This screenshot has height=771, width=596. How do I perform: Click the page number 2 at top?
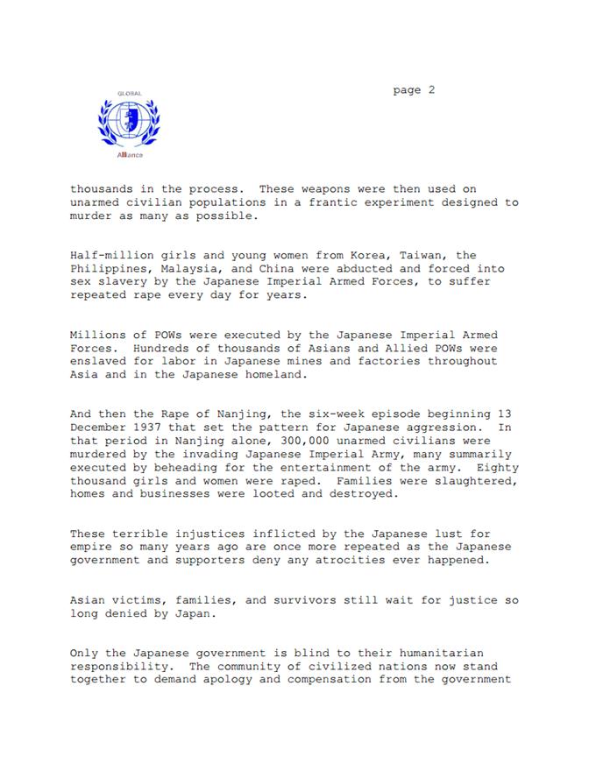click(430, 89)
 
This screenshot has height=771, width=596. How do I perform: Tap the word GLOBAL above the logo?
click(129, 93)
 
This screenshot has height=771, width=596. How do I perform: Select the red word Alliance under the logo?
click(129, 155)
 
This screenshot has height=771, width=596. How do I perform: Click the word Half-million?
click(110, 256)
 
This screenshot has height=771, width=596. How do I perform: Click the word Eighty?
click(497, 468)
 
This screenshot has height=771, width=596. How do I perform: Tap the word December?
click(100, 428)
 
